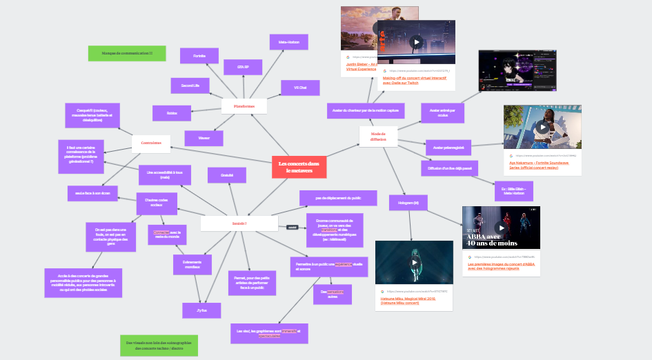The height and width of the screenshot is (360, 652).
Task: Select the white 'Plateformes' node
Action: (244, 106)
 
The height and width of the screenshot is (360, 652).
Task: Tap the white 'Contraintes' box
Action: (150, 143)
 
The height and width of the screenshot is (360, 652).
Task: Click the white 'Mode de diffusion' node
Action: (378, 136)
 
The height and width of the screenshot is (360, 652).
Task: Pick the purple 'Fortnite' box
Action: (199, 56)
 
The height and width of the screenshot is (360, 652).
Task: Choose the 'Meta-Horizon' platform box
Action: (288, 42)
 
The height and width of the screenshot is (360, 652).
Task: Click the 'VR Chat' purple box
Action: (299, 88)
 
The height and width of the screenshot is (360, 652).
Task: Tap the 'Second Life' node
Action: (190, 86)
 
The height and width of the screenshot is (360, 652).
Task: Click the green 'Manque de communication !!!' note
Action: (127, 53)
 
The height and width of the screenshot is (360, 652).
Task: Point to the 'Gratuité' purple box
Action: (227, 175)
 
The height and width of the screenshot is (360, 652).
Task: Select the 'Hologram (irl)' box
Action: (408, 202)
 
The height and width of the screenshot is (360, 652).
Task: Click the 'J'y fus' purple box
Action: (201, 310)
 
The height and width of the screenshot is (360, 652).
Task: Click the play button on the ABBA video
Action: (501, 227)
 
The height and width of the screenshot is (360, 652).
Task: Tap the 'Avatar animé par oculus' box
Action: (442, 111)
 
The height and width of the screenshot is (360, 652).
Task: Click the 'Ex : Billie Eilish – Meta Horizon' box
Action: (514, 191)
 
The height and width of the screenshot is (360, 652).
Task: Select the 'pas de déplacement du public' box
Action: (339, 197)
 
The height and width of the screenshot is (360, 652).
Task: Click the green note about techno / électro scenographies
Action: (159, 346)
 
